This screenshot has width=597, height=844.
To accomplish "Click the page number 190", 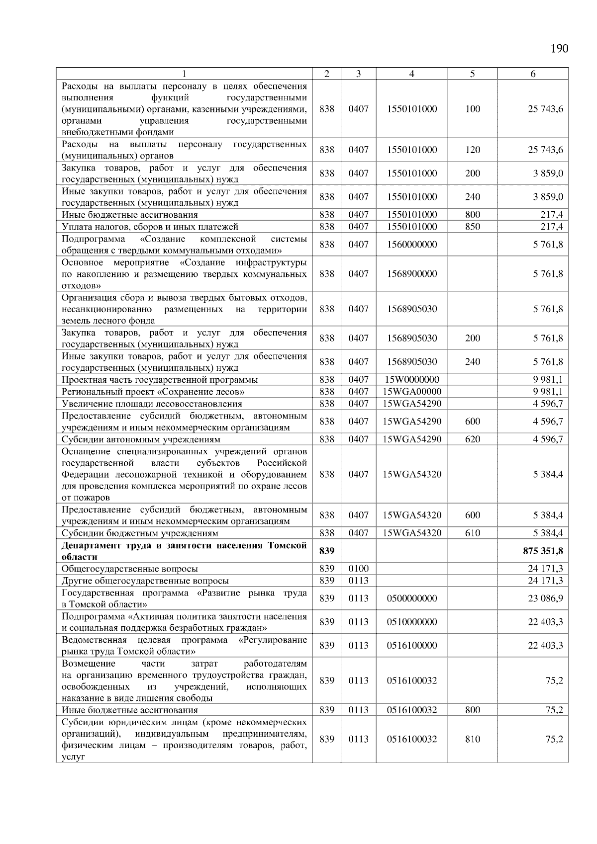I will coord(559,49).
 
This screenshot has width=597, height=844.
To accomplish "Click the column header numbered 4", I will coord(411,74).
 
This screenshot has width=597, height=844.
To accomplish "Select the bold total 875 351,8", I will coord(540,551).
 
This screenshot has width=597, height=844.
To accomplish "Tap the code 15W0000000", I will coord(411,380).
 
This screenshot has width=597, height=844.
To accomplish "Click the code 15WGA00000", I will coord(411,392).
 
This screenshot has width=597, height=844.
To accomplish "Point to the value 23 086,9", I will coord(545,598).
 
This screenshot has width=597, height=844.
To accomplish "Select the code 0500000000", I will coord(411,598).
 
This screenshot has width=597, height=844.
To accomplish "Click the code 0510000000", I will coord(411,622).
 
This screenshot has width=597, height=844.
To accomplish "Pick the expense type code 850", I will coord(472,227).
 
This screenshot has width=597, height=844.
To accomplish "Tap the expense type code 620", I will coord(472,439).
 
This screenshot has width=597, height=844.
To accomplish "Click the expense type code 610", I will coord(472,533).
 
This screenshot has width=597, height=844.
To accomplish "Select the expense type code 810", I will coord(472,739).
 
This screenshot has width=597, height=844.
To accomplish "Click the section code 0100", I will coord(358,569).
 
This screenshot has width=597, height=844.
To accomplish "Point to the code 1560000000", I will coord(411,245).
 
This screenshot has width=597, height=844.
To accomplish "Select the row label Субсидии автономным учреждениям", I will coord(141,439).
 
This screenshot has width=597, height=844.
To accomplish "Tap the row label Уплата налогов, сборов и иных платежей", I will coord(150,227).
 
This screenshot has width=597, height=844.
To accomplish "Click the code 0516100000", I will coord(411,646).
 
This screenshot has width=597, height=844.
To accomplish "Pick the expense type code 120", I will coord(472,150).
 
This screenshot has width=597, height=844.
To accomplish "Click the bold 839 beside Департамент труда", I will coord(326,551).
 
